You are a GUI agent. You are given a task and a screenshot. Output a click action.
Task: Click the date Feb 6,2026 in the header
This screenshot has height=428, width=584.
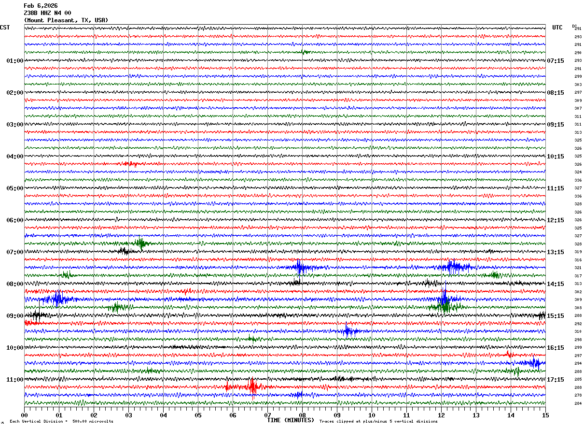(x=41, y=6)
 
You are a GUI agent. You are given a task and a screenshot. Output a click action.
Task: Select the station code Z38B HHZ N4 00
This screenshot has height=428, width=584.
(x=47, y=13)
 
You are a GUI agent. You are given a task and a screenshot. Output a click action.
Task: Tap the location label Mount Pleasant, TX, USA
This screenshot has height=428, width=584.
(x=66, y=20)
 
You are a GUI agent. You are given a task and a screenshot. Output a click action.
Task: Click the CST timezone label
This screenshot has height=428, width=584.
(x=5, y=28)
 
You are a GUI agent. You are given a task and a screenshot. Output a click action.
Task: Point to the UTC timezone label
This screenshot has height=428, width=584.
(x=557, y=28)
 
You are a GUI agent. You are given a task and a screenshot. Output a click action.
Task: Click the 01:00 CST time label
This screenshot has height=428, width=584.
(x=14, y=61)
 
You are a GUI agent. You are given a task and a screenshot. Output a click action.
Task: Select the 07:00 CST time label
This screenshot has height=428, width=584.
(x=14, y=252)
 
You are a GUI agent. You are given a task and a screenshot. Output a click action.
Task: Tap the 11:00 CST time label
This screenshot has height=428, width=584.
(x=14, y=380)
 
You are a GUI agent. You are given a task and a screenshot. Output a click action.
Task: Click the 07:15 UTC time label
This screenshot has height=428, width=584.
(x=556, y=61)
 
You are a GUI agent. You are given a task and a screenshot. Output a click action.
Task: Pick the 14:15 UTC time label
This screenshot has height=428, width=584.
(x=556, y=284)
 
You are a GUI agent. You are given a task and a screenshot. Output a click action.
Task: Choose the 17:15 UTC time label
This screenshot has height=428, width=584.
(x=556, y=380)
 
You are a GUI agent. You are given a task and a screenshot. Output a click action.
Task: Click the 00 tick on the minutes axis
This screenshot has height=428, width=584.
(x=25, y=415)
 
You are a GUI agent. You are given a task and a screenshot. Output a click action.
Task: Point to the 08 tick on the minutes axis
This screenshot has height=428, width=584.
(x=302, y=415)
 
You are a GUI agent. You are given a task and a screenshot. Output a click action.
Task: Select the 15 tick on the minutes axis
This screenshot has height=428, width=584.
(x=545, y=415)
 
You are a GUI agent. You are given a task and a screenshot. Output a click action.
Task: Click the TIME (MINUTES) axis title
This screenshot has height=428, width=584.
(x=291, y=420)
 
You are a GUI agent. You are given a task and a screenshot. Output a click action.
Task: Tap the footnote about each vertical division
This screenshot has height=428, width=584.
(x=61, y=422)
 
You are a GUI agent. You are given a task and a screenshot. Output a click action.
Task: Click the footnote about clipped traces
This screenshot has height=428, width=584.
(x=378, y=422)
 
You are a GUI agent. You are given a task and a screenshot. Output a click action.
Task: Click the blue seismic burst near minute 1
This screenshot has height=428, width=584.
(x=57, y=299)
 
